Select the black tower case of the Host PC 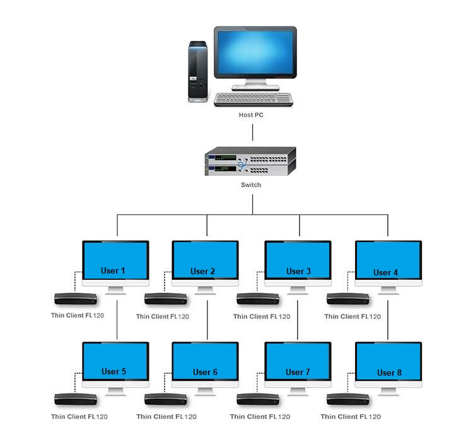pyautogui.click(x=197, y=71)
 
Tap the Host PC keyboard pyautogui.click(x=253, y=99)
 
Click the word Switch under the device pyautogui.click(x=250, y=185)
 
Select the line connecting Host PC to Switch pyautogui.click(x=252, y=132)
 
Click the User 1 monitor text pyautogui.click(x=113, y=271)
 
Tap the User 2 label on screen pyautogui.click(x=203, y=272)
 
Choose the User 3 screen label pyautogui.click(x=298, y=271)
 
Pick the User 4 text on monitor pyautogui.click(x=385, y=272)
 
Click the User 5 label pyautogui.click(x=114, y=371)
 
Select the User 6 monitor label pyautogui.click(x=205, y=372)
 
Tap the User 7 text pyautogui.click(x=298, y=372)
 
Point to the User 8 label pyautogui.click(x=389, y=373)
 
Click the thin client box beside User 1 pyautogui.click(x=75, y=298)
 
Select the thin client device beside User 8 pyautogui.click(x=349, y=398)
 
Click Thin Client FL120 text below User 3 pyautogui.click(x=262, y=316)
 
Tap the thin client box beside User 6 pyautogui.click(x=166, y=398)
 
